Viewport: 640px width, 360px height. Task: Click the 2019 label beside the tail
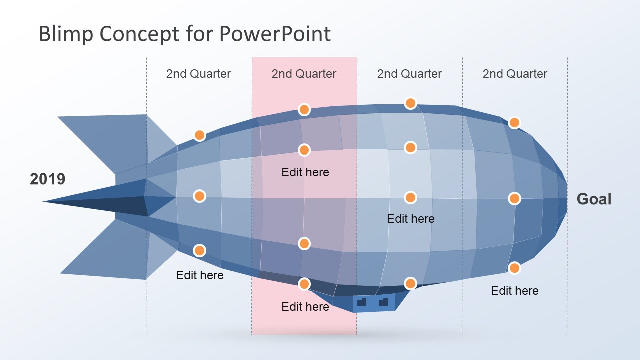click(x=47, y=179)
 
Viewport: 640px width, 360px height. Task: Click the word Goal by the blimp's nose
click(x=594, y=199)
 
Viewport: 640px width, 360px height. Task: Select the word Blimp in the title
click(x=66, y=34)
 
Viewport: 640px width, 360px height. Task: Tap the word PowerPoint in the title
click(x=274, y=34)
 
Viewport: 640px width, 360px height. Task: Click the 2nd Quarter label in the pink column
click(x=304, y=74)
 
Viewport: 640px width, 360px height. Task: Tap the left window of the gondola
click(x=362, y=302)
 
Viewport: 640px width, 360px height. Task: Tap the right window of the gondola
click(x=383, y=302)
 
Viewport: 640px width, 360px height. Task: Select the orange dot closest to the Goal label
click(x=514, y=199)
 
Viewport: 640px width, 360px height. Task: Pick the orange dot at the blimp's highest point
click(x=410, y=103)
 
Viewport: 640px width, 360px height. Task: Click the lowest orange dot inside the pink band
click(x=304, y=284)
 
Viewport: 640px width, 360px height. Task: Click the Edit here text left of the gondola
click(x=305, y=306)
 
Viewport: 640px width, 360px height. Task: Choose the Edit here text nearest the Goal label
click(x=515, y=291)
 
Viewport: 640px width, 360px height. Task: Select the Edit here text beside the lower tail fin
click(x=200, y=275)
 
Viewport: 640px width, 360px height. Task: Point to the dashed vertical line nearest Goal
click(x=567, y=150)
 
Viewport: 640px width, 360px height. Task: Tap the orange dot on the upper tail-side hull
click(x=199, y=135)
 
